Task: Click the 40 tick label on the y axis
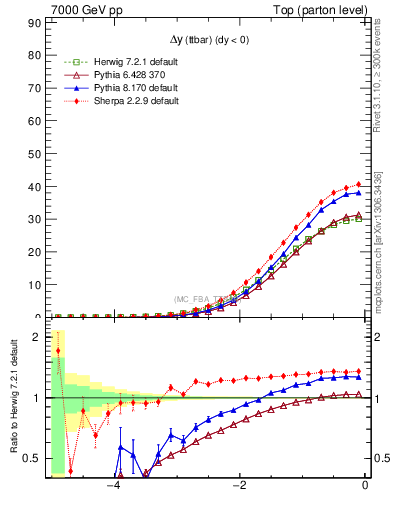click(37, 187)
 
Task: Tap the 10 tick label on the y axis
click(37, 285)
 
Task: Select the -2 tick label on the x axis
click(239, 486)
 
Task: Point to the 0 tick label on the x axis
click(365, 486)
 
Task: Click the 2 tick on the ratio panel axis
click(40, 337)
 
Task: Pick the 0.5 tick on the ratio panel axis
click(35, 458)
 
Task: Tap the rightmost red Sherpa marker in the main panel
click(359, 184)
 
